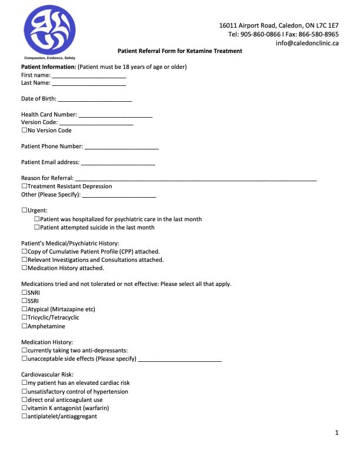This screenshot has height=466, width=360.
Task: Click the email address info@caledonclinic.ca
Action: pyautogui.click(x=307, y=43)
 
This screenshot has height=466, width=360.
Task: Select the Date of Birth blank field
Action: pyautogui.click(x=95, y=99)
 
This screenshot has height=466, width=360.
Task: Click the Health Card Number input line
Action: pyautogui.click(x=115, y=115)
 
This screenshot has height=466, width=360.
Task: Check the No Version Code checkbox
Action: pyautogui.click(x=24, y=130)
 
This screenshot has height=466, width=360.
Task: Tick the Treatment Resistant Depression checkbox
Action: pyautogui.click(x=24, y=187)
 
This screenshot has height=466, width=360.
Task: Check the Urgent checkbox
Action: pyautogui.click(x=24, y=210)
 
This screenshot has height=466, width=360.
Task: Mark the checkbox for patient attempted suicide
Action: pyautogui.click(x=37, y=227)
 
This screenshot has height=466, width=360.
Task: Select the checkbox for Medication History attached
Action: pyautogui.click(x=24, y=268)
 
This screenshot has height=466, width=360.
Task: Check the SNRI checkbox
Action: pyautogui.click(x=24, y=292)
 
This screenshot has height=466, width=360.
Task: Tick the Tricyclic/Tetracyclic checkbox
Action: pyautogui.click(x=24, y=317)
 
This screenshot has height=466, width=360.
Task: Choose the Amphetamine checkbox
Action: pyautogui.click(x=24, y=326)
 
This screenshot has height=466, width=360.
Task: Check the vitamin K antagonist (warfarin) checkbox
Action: pyautogui.click(x=24, y=408)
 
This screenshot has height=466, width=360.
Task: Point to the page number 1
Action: pyautogui.click(x=336, y=433)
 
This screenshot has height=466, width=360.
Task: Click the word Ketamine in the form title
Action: pyautogui.click(x=204, y=51)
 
